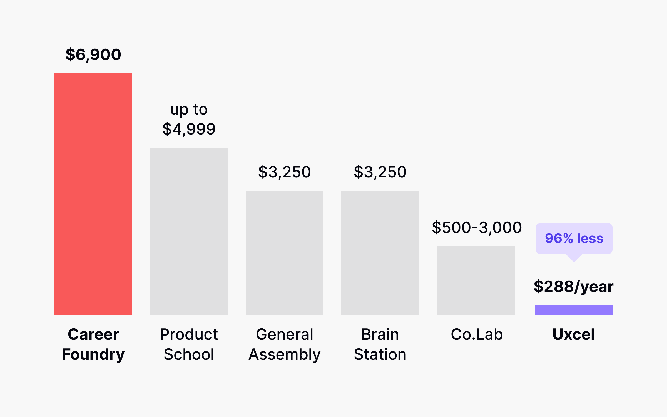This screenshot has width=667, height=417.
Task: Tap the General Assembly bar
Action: tap(284, 253)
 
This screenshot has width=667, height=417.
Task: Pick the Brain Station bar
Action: tap(380, 253)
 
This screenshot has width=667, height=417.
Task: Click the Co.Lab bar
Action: tap(476, 281)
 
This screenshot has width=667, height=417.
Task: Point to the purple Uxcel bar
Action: tap(573, 310)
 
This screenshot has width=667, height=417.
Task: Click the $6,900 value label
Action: tap(93, 54)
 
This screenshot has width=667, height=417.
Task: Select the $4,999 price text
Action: tap(189, 129)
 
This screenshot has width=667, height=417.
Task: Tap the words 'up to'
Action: tap(189, 109)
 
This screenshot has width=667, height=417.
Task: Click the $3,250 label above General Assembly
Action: tap(284, 172)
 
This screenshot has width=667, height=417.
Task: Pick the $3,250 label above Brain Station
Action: tap(380, 172)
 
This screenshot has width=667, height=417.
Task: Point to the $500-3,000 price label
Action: tap(477, 227)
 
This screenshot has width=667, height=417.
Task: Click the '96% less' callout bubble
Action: tap(574, 239)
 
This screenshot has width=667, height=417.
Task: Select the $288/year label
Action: tap(573, 286)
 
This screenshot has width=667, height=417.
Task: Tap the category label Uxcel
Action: tap(573, 334)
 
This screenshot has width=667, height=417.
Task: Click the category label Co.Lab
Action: tap(477, 334)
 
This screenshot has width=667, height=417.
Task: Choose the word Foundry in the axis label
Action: tap(93, 354)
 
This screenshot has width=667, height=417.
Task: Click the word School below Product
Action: tap(189, 354)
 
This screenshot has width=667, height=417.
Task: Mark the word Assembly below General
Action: tap(284, 354)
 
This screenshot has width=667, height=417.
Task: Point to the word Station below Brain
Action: tap(380, 354)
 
